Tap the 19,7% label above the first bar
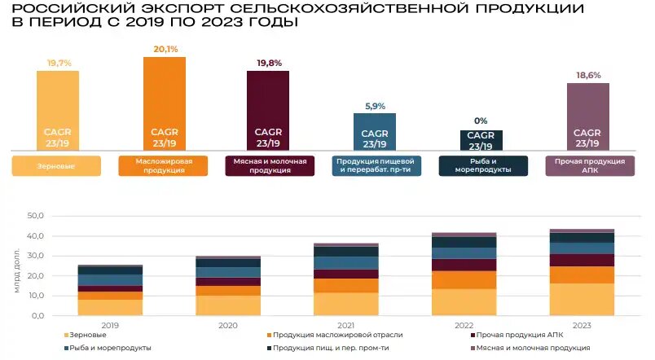coord(58,62)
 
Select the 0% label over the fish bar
coord(481,121)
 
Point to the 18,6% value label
coord(587,75)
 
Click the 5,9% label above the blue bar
coord(374,106)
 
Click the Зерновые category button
coord(56,165)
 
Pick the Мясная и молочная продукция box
coord(268,165)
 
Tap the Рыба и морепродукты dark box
coord(481,165)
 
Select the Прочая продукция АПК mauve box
coord(587,165)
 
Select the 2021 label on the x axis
coord(346,325)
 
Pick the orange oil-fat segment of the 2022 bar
coord(464,279)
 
